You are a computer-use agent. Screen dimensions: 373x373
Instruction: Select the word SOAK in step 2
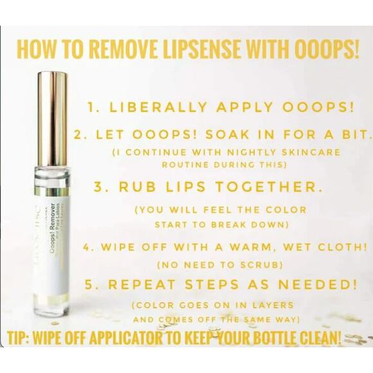(230, 136)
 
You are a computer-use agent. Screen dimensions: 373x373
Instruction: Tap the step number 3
(100, 187)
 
